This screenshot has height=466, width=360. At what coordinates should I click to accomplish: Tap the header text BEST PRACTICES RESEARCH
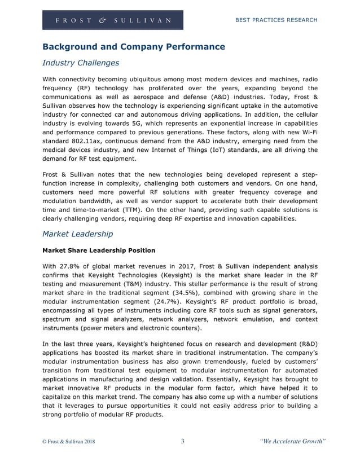coord(276,20)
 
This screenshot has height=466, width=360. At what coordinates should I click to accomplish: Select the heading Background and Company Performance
coord(134,47)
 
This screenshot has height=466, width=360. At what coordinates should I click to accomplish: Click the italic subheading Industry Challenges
coord(81,63)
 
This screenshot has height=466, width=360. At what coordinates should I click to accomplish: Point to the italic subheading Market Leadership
coord(77,234)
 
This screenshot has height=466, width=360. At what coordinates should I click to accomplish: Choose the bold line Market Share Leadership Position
coord(99,250)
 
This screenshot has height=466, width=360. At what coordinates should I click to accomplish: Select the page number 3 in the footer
coord(182,441)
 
